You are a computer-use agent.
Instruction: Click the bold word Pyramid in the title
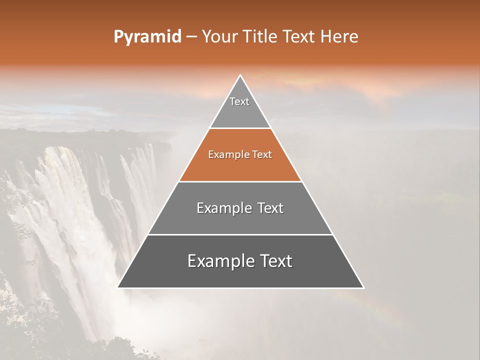147,37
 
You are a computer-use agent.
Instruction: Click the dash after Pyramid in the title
191,37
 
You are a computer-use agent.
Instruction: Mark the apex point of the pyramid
240,75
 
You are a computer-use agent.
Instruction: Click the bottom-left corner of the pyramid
118,287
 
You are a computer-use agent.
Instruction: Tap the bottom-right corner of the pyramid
363,287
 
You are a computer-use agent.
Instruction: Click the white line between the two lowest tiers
240,234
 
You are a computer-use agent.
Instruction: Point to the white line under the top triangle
240,128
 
